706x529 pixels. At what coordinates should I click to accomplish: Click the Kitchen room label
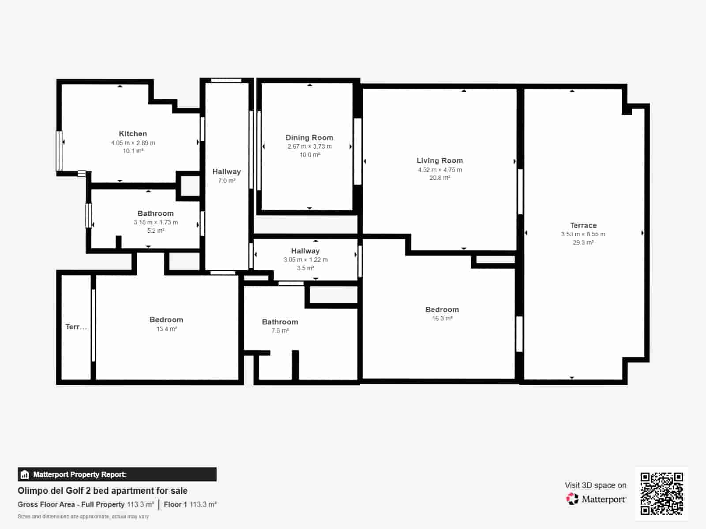point(133,134)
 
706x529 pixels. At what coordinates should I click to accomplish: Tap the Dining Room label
point(309,138)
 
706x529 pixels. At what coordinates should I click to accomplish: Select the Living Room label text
point(439,160)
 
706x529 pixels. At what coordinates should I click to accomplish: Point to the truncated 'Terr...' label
point(76,327)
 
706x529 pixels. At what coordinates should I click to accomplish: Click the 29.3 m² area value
point(583,242)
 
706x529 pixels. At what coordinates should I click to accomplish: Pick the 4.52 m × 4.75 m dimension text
point(439,170)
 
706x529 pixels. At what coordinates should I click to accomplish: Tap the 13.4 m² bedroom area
point(167,329)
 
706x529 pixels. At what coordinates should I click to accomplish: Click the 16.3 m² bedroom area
point(442,318)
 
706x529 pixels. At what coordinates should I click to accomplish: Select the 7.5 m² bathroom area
point(280,331)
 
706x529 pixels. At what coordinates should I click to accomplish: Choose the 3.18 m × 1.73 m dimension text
point(156,222)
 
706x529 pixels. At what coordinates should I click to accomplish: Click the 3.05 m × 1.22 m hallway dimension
point(305,260)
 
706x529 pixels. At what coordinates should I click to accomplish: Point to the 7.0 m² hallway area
point(227,181)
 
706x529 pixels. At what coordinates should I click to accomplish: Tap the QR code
point(661,493)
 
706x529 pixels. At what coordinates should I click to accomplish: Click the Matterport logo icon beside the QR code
point(572,499)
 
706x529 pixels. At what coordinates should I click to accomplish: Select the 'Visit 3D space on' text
point(595,485)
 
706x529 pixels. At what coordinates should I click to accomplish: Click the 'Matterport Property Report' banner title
point(79,474)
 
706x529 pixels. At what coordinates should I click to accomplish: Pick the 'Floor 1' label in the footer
point(175,505)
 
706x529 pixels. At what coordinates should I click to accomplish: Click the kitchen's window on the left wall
point(59,151)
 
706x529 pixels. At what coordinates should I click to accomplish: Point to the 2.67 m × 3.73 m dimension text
point(309,146)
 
